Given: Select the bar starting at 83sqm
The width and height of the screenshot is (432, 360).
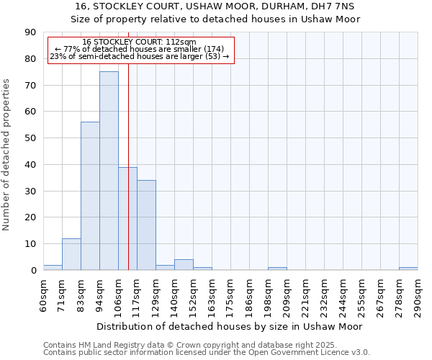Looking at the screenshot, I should click(x=90, y=196).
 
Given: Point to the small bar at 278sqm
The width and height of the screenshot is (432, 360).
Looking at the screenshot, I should click(x=408, y=269).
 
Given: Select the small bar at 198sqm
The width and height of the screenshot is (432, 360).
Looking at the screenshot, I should click(x=277, y=269).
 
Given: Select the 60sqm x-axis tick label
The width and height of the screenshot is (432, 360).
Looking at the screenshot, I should click(x=43, y=294).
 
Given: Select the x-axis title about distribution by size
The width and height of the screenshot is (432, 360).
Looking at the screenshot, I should click(x=230, y=326).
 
